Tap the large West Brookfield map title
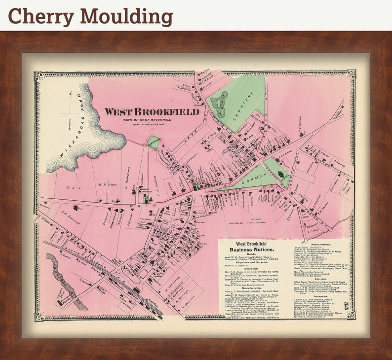[152, 112]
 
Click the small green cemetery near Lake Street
[154, 142]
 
